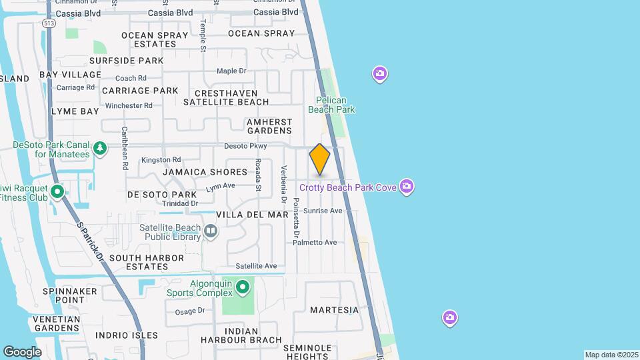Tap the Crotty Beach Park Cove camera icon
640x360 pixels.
pos(407,186)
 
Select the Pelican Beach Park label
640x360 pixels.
pos(335,105)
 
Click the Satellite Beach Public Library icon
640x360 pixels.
pos(211,231)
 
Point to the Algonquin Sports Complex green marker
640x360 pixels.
pos(243,287)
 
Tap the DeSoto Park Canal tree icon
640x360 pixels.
pos(100,148)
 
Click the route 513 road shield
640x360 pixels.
pos(48,23)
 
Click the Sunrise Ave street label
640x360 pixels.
pos(323,211)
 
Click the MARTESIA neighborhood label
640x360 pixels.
pos(334,310)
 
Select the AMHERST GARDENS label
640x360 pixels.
pos(269,127)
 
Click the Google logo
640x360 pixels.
pos(22,351)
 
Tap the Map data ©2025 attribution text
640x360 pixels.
pos(610,355)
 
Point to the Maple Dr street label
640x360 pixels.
pos(231,71)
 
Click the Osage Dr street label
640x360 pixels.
pos(189,311)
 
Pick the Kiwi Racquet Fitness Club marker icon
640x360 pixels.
pos(57,193)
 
